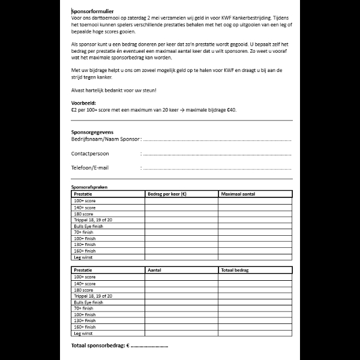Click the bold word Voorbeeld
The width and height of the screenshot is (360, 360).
(83, 103)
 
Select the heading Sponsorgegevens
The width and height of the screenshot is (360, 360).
(92, 131)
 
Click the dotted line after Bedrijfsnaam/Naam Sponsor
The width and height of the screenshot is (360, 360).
(217, 139)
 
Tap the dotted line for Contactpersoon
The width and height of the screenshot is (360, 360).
(217, 154)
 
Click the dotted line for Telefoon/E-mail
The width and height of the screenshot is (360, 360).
(217, 168)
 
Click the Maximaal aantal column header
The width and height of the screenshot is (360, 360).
(238, 194)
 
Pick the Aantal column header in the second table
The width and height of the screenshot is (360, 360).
(155, 271)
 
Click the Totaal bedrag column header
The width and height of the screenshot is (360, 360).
(235, 271)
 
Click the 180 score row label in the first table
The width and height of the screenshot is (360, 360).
(83, 214)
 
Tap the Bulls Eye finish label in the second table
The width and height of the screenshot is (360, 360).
(88, 302)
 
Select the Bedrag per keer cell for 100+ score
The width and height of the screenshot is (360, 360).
(181, 201)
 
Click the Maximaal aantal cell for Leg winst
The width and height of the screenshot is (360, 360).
(255, 257)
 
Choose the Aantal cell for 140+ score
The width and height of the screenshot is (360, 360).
(181, 283)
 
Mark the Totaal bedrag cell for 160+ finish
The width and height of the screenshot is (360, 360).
(255, 327)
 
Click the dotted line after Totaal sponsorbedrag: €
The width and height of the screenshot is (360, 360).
(149, 347)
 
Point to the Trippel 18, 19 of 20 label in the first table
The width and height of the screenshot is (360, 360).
(93, 220)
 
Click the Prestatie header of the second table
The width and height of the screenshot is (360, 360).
(83, 271)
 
